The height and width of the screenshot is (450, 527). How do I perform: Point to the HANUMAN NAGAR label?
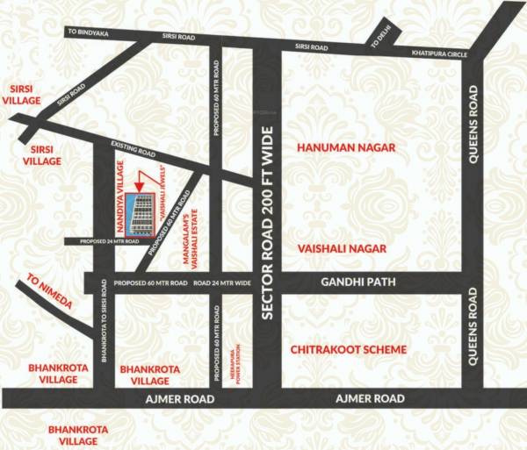[x=345, y=147]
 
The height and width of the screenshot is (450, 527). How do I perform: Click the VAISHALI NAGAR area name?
[x=342, y=249]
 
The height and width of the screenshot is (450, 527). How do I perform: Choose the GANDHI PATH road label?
[x=357, y=282]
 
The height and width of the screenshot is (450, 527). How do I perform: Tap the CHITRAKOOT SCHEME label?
[x=349, y=349]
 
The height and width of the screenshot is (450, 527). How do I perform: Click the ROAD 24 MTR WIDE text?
[x=222, y=283]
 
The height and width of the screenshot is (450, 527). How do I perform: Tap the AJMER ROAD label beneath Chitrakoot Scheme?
[x=370, y=398]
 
